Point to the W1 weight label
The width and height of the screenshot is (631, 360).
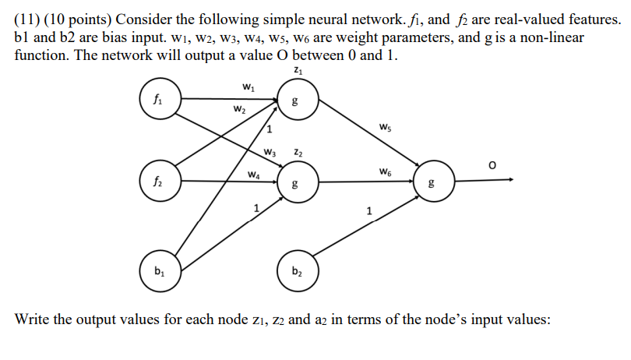[248, 86]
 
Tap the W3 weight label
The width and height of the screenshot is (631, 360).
[270, 151]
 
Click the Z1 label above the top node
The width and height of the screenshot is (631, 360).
[298, 72]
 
